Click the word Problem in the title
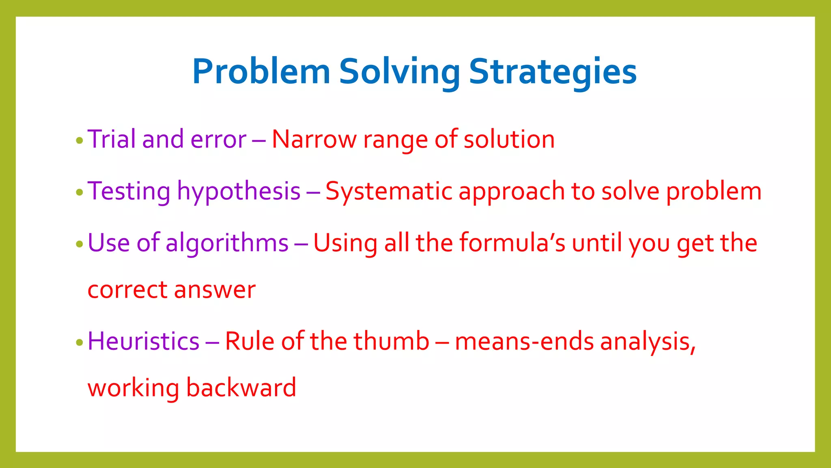point(261,71)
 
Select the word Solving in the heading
point(399,71)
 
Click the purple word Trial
point(112,139)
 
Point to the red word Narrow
point(314,139)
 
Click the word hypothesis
point(239,191)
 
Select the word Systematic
point(388,191)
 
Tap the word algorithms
point(227,243)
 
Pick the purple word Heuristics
point(143,341)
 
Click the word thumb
point(391,341)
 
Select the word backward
point(241,388)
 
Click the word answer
point(215,290)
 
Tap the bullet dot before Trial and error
point(80,141)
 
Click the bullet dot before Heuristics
point(80,343)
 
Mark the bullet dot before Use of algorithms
point(80,245)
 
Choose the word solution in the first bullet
point(509,139)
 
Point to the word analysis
point(648,342)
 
